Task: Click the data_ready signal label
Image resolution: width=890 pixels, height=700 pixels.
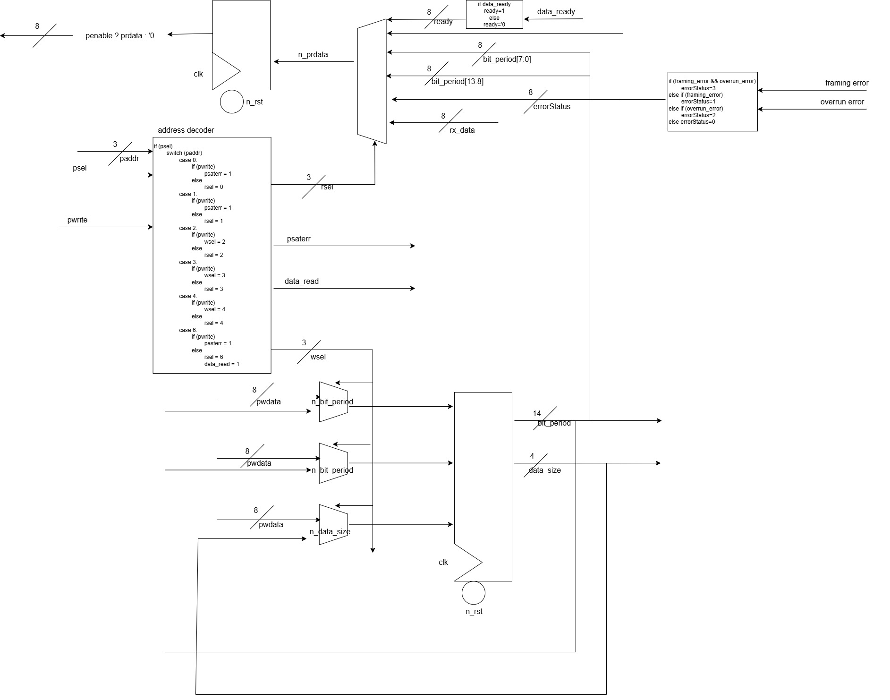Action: point(556,12)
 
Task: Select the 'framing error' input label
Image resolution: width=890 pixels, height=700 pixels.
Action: point(847,83)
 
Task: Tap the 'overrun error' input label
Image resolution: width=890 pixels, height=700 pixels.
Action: point(842,102)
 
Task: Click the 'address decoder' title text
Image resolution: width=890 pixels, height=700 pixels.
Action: point(186,130)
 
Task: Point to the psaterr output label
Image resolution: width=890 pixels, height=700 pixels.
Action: point(298,239)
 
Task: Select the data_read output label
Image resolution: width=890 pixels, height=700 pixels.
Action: point(301,282)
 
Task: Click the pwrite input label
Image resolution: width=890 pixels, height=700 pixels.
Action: point(77,220)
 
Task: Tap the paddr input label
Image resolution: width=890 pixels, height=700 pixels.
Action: point(129,159)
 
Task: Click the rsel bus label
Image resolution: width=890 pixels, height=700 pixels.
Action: point(327,187)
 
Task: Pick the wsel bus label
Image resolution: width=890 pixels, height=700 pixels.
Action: point(318,357)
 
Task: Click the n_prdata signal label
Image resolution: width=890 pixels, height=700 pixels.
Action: point(313,55)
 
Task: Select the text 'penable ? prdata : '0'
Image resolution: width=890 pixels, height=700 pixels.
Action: point(120,36)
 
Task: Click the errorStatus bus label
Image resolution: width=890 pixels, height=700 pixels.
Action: point(551,107)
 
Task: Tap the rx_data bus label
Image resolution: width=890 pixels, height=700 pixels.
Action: point(462,130)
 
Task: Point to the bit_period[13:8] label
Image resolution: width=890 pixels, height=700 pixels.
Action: point(457,82)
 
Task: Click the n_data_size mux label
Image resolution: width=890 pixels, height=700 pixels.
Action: point(330,532)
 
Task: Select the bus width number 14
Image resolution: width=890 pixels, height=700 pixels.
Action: point(536,414)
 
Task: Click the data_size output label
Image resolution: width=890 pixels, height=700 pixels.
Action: point(544,470)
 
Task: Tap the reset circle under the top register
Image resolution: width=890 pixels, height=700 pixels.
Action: point(232,102)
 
